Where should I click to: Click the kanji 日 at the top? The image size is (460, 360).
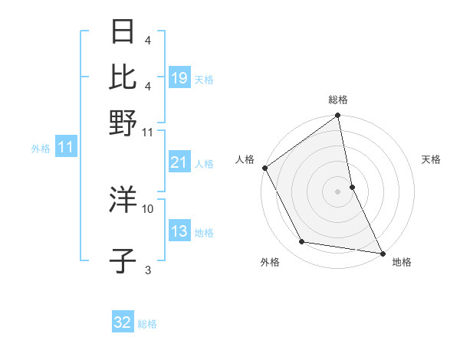tap(123, 33)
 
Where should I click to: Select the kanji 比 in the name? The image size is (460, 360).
tap(123, 77)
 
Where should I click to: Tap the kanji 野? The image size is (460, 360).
tap(123, 122)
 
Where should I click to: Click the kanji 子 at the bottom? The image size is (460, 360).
tap(123, 261)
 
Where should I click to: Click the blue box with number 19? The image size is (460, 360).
tap(179, 78)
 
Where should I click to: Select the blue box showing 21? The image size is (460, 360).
tap(179, 162)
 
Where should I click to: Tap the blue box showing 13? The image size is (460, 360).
tap(179, 232)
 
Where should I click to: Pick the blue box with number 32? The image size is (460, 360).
tap(123, 322)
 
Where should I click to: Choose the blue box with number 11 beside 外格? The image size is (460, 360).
tap(65, 148)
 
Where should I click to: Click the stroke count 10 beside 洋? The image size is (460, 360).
tap(148, 208)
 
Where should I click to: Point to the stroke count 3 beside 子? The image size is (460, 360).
tap(148, 269)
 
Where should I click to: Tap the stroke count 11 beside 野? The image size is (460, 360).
tap(148, 131)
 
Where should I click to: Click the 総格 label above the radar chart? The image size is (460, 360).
tap(338, 100)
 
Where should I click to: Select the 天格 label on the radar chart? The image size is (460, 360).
tap(432, 159)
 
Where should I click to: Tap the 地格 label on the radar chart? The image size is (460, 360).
tap(402, 262)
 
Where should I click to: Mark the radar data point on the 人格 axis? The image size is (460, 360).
tap(264, 168)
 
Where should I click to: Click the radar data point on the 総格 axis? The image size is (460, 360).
tap(338, 116)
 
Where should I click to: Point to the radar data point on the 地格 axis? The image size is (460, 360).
tap(382, 252)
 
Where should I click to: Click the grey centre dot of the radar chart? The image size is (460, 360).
tap(338, 191)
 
